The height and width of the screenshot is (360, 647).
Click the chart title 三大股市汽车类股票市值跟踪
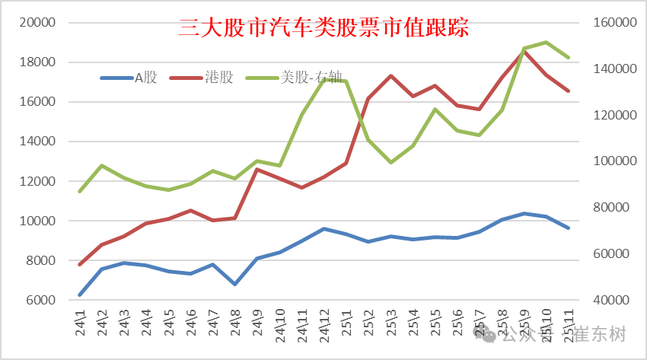tap(323, 28)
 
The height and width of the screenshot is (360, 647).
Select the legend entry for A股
tap(145, 77)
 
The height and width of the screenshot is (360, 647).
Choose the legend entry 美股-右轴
tap(304, 77)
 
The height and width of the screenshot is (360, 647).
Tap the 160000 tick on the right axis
tap(613, 23)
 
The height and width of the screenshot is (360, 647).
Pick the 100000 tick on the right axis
tap(613, 161)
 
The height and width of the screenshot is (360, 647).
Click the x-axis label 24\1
tap(81, 323)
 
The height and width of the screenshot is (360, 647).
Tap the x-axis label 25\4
tap(413, 323)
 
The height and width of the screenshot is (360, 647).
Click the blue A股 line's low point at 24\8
tap(235, 284)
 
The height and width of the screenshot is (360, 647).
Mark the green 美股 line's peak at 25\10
tap(546, 43)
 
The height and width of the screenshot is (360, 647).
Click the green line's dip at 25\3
tap(390, 162)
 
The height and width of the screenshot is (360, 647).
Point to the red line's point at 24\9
tap(257, 169)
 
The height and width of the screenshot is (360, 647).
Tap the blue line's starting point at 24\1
tap(80, 295)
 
